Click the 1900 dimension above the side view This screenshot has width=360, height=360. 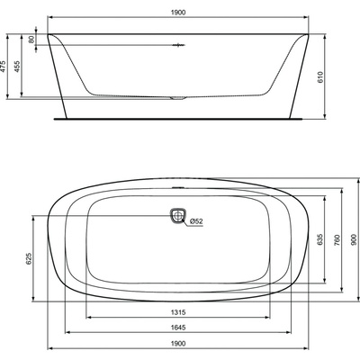178,13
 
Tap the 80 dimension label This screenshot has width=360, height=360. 31,40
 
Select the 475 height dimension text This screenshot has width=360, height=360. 3,67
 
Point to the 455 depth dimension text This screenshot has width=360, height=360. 17,67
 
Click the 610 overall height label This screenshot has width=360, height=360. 320,77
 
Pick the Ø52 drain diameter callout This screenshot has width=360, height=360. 196,221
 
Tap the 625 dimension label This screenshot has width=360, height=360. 29,258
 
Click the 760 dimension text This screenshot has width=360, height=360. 337,240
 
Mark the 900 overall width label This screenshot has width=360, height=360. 355,240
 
